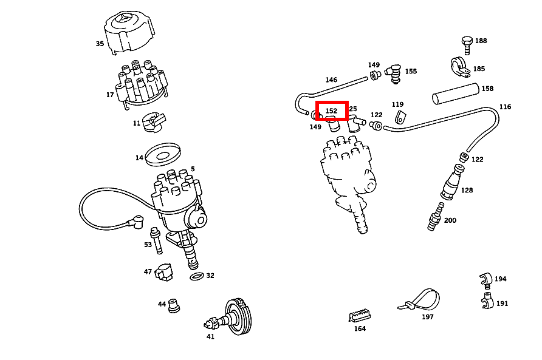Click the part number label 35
[x=100, y=44]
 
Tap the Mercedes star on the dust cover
[x=125, y=18]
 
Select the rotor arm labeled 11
[x=154, y=122]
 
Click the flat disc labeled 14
[x=163, y=154]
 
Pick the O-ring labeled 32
[x=197, y=276]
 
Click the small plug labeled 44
[x=174, y=306]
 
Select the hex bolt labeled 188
[x=467, y=46]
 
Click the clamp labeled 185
[x=460, y=67]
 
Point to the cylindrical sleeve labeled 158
[x=456, y=93]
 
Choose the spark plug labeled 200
[x=436, y=217]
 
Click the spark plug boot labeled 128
[x=452, y=182]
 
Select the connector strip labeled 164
[x=360, y=315]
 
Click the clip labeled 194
[x=485, y=280]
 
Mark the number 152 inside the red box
[x=331, y=111]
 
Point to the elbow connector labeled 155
[x=394, y=73]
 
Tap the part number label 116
[x=505, y=107]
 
